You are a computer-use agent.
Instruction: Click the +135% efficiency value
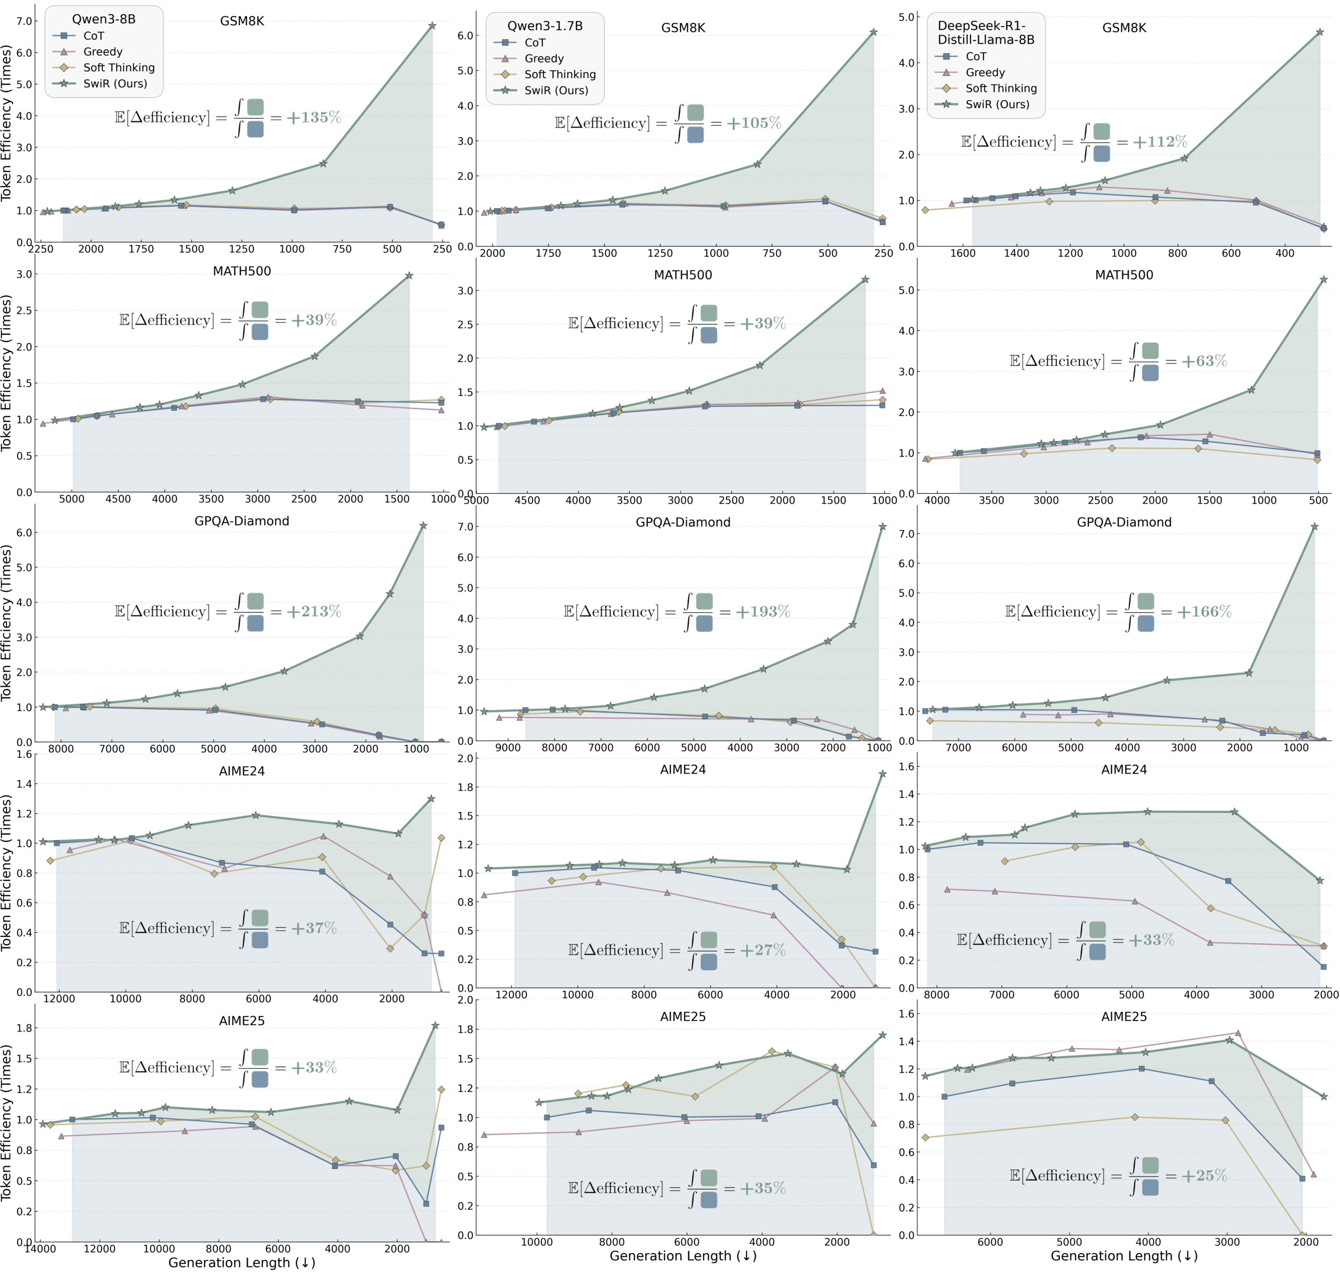[x=313, y=117]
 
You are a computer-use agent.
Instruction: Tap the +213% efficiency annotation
[x=313, y=611]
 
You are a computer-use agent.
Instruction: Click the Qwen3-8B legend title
[x=104, y=19]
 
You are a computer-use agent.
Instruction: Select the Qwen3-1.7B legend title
[x=545, y=26]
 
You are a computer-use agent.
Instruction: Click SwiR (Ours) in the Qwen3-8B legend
[x=115, y=84]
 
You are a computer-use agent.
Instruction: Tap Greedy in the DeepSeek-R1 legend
[x=985, y=73]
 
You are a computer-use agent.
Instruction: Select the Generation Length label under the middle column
[x=683, y=1256]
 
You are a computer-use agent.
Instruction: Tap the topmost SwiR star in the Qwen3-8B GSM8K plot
[x=432, y=26]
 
